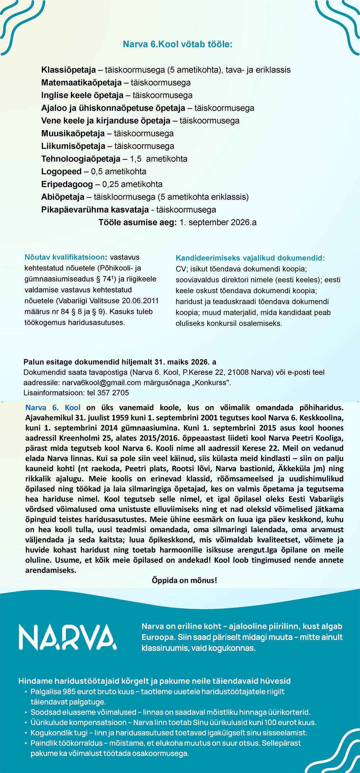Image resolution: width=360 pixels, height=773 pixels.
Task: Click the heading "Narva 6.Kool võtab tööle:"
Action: click(x=178, y=44)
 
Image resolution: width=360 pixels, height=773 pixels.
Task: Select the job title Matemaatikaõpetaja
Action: click(x=81, y=83)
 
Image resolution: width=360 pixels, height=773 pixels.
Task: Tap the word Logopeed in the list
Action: click(x=61, y=172)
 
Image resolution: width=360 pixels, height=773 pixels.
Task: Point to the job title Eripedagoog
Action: click(x=67, y=185)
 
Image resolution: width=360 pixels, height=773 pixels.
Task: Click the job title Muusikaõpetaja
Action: click(x=73, y=133)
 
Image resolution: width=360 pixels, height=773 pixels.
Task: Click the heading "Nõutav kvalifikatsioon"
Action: click(x=65, y=257)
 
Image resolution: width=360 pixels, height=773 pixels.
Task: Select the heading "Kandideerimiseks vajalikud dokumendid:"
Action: click(x=250, y=258)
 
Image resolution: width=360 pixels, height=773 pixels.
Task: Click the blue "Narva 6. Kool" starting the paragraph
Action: click(x=53, y=408)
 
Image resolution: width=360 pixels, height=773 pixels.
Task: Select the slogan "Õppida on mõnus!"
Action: click(x=184, y=580)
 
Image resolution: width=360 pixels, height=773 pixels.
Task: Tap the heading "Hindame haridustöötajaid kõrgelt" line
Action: click(x=154, y=681)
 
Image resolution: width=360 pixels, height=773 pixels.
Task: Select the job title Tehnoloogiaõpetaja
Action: click(x=81, y=159)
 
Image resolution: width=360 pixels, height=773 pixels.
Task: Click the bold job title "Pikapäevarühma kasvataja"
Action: click(x=95, y=210)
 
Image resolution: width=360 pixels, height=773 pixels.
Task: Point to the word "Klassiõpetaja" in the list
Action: click(x=68, y=70)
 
